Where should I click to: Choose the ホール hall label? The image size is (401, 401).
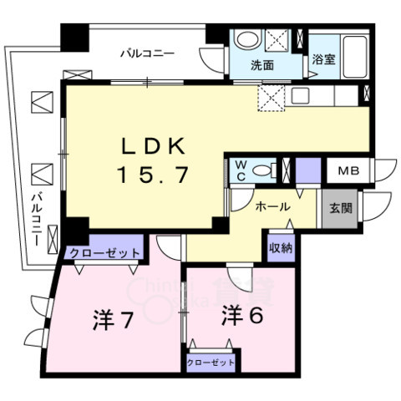click(272, 206)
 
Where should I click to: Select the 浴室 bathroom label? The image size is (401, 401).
click(324, 59)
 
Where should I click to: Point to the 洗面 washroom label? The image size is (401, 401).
click(263, 63)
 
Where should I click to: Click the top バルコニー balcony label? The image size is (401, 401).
click(145, 53)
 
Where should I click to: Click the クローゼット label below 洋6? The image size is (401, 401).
click(210, 363)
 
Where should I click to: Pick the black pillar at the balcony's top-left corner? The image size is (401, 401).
click(74, 36)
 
